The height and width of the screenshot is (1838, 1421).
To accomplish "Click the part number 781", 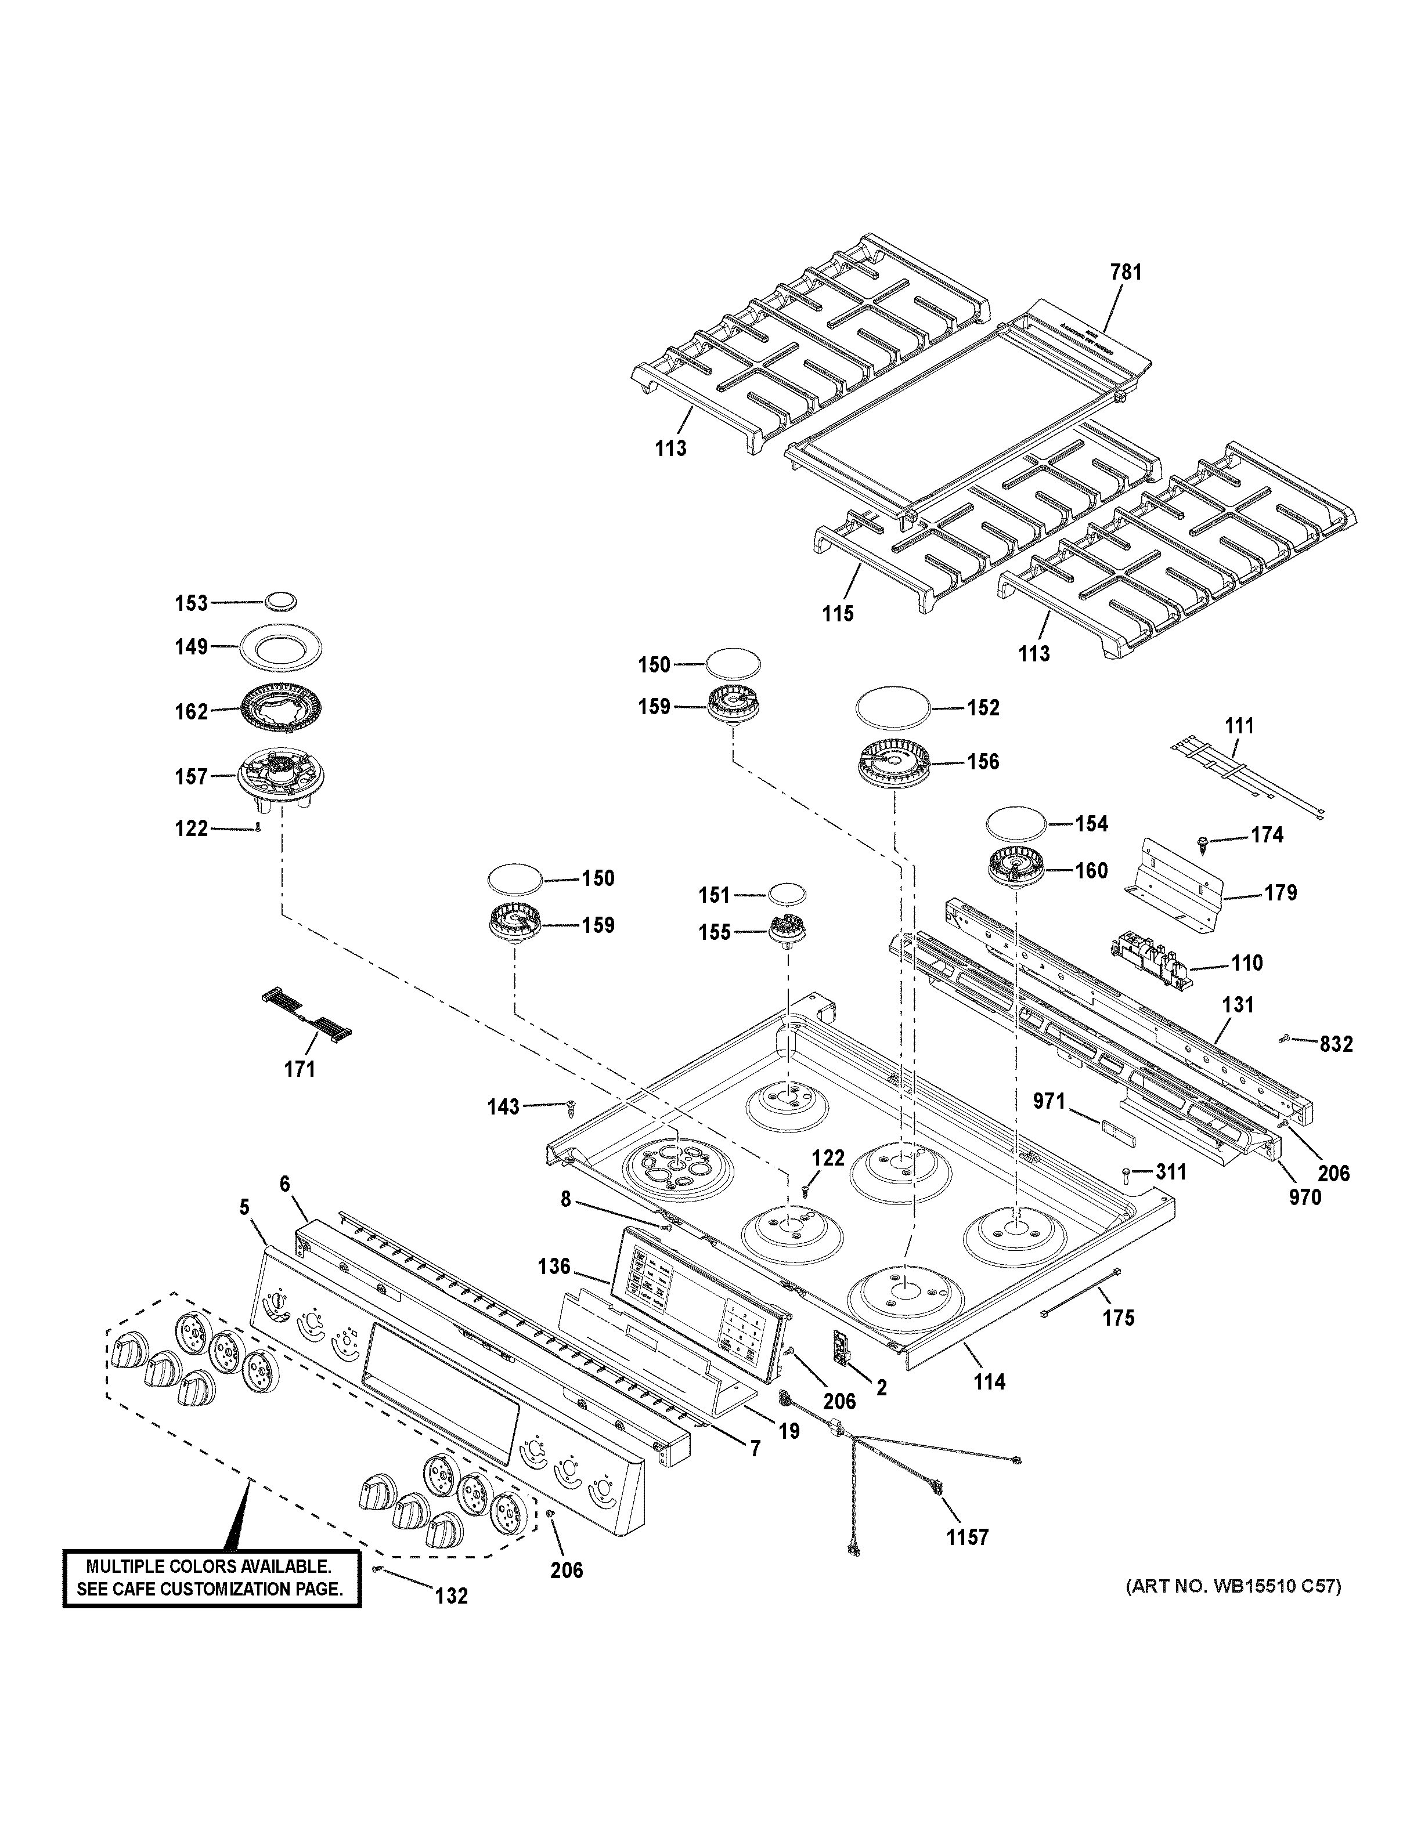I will coord(1126,272).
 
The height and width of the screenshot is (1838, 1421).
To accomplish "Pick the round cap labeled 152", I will coord(892,707).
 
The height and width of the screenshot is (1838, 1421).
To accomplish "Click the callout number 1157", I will coord(966,1537).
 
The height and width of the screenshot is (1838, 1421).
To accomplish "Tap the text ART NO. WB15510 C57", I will coord(1234,1587).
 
